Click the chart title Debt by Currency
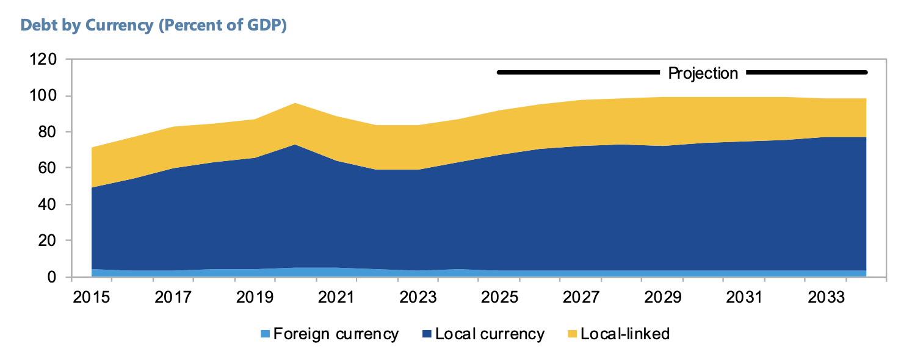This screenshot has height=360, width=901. (87, 26)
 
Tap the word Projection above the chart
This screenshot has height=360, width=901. (703, 74)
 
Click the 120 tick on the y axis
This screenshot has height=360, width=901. (43, 60)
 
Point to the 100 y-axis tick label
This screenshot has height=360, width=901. (43, 96)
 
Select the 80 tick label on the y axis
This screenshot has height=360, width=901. (48, 132)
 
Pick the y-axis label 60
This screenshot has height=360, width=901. (48, 168)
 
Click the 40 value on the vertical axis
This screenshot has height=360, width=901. (48, 204)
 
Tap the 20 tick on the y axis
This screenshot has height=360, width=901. (48, 240)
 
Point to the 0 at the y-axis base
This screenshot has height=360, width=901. (52, 277)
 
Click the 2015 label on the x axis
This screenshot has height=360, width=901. (92, 297)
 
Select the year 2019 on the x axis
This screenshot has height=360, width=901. (255, 297)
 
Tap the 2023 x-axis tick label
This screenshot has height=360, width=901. (418, 297)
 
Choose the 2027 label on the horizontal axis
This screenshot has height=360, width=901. (581, 297)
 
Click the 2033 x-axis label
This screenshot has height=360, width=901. (827, 297)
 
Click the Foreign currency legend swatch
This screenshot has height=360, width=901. (265, 334)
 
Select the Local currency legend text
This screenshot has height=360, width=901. (490, 334)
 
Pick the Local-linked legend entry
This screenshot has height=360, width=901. (618, 334)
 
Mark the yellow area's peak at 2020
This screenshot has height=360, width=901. (295, 103)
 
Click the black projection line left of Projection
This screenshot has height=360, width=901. (579, 73)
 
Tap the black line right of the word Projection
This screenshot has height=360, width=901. (807, 73)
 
